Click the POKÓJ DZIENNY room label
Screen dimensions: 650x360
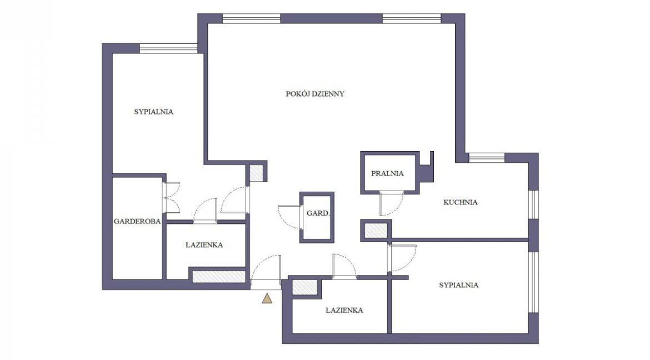pyautogui.click(x=315, y=94)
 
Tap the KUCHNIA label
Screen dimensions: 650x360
pyautogui.click(x=460, y=202)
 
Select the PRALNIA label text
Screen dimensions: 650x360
pyautogui.click(x=387, y=173)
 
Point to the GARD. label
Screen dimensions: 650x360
pyautogui.click(x=318, y=213)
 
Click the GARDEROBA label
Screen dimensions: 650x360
pyautogui.click(x=137, y=222)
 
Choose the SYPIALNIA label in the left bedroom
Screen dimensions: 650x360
pyautogui.click(x=153, y=112)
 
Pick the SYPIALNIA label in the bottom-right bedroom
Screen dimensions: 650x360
pyautogui.click(x=458, y=285)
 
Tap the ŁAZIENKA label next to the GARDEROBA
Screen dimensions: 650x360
pyautogui.click(x=204, y=244)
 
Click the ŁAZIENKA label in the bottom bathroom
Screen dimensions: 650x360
pyautogui.click(x=344, y=310)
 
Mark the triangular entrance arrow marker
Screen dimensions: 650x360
pyautogui.click(x=267, y=298)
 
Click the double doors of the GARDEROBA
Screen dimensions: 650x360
pyautogui.click(x=171, y=198)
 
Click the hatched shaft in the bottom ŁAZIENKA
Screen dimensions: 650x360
pyautogui.click(x=304, y=287)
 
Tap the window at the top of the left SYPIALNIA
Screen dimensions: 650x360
pyautogui.click(x=168, y=48)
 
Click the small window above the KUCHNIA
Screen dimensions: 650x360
pyautogui.click(x=487, y=158)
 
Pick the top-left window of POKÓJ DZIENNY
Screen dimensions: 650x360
pyautogui.click(x=252, y=18)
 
